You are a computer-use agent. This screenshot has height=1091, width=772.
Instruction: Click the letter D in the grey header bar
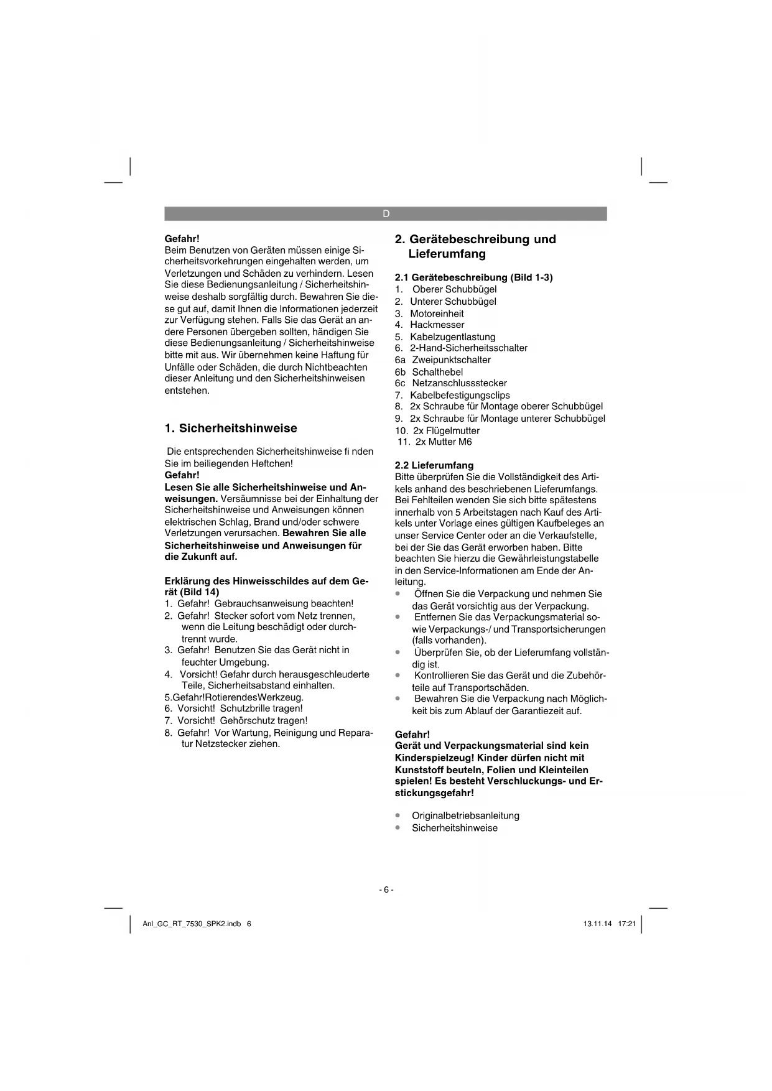coord(386,214)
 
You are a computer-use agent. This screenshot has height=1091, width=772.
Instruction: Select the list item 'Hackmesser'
coord(437,325)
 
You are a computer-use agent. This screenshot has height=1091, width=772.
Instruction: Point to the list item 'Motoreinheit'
coord(437,313)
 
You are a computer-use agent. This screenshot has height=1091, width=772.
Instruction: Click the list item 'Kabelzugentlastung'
coord(452,337)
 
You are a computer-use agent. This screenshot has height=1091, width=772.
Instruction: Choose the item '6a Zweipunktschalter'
coord(443,360)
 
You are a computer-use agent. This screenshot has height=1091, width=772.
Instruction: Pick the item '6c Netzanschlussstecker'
coord(451,383)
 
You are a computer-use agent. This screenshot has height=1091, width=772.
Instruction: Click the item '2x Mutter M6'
coord(444,442)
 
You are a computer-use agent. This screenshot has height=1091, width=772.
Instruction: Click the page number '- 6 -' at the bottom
coord(386,890)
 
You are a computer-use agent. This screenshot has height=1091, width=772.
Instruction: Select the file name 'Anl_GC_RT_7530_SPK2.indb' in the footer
coord(192,924)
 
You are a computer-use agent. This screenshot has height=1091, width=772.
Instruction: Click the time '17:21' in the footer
coord(627,924)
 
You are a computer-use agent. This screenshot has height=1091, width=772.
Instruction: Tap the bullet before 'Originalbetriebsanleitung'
coord(398,815)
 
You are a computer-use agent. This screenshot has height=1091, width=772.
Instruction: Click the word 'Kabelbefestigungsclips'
coord(460,395)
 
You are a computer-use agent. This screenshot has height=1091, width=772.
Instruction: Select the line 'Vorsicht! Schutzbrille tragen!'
coord(240,708)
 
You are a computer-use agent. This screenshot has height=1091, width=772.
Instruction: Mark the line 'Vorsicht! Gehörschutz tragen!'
coord(242,720)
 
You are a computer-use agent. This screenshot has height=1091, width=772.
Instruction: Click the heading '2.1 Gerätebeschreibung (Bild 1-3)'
coord(474,277)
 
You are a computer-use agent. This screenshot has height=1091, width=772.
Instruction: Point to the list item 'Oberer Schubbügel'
coord(455,289)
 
